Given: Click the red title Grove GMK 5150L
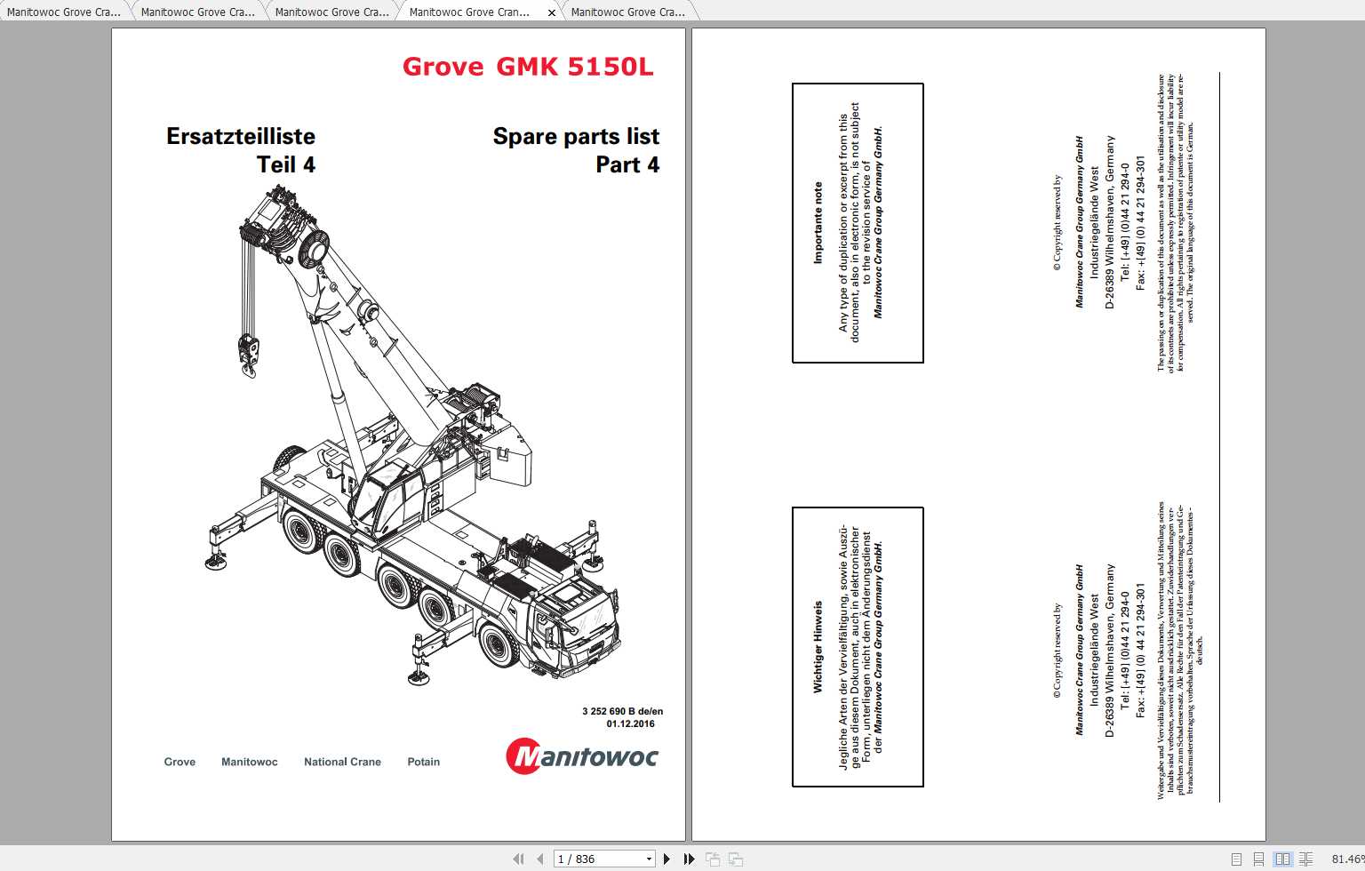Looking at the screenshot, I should click(528, 67).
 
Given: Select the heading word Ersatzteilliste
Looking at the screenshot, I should click(241, 136).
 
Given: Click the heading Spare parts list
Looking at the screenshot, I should click(576, 136).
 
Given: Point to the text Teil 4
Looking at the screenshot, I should click(285, 164).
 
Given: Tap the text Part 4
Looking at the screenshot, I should click(627, 164).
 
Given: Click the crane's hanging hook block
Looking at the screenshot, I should click(248, 354).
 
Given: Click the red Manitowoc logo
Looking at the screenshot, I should click(582, 756).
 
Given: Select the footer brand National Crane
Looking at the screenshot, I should click(342, 762).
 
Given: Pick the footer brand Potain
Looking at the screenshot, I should click(423, 762).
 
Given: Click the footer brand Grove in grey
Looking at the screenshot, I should click(180, 762).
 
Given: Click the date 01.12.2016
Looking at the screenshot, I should click(631, 723).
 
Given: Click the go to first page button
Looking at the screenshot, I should click(518, 859).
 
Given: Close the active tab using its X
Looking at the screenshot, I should click(552, 12).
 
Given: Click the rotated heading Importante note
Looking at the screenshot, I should click(818, 223).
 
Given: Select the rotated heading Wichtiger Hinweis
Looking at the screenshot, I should click(818, 646).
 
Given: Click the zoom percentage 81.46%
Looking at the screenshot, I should click(1346, 859).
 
